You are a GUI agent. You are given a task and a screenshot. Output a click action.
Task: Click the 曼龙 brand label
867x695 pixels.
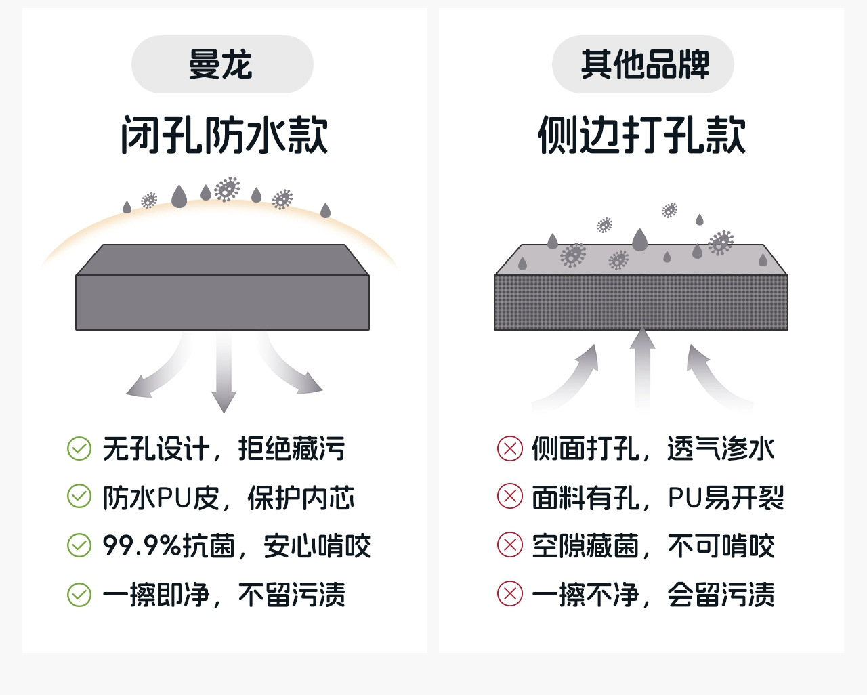click(221, 65)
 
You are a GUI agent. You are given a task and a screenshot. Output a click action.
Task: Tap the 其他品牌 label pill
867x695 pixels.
click(643, 65)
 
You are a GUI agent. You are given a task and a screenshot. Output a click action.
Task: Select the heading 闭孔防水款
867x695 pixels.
click(224, 135)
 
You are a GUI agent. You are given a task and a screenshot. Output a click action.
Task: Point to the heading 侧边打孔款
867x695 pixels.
click(642, 135)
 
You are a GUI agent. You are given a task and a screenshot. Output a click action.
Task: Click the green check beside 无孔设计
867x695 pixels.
click(79, 448)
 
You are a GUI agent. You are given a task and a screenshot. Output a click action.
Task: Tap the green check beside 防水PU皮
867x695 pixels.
click(79, 497)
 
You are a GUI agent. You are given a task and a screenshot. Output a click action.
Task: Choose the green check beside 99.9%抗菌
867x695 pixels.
click(79, 545)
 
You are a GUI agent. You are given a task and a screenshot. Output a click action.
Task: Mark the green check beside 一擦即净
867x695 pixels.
click(79, 595)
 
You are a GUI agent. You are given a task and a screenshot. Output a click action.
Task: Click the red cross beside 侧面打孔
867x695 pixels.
click(510, 448)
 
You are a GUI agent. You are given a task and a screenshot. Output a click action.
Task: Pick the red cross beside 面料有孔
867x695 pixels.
click(510, 497)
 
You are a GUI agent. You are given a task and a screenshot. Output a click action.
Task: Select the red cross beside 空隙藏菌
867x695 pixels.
click(510, 545)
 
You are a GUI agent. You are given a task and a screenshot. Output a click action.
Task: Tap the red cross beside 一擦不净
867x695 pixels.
click(510, 594)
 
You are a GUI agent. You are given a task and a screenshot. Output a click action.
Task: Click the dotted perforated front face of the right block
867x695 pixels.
click(641, 303)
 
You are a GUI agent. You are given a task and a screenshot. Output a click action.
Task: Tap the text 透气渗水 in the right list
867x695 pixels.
click(721, 449)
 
